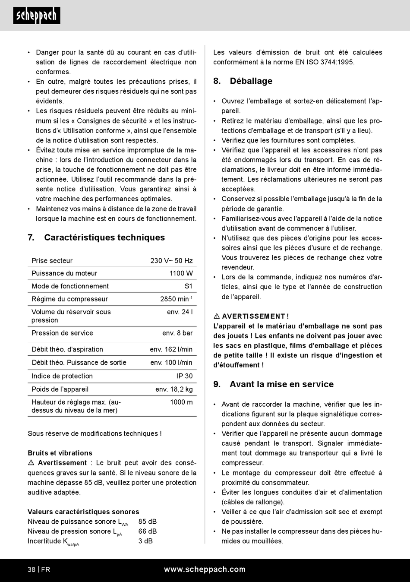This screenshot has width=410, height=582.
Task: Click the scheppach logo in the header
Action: [x=37, y=16]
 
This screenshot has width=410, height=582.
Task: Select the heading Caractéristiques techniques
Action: [x=104, y=237]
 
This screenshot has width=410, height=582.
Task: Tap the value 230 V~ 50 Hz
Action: [x=171, y=261]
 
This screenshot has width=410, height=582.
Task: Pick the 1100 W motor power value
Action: [x=181, y=273]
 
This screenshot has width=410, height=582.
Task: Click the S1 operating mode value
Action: [x=188, y=286]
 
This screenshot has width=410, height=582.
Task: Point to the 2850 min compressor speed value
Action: [x=176, y=299]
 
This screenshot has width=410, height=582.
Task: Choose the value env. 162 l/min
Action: [x=171, y=349]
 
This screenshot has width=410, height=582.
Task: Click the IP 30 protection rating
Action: [x=184, y=376]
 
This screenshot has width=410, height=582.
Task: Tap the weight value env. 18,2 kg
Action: [x=174, y=389]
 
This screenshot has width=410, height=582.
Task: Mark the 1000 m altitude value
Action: [x=181, y=402]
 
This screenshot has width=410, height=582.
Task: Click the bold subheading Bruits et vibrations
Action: [x=60, y=453]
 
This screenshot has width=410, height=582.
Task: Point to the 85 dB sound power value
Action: [x=148, y=522]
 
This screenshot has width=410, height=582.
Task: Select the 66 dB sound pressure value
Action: [x=148, y=531]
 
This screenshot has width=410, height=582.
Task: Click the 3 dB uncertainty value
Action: [x=145, y=541]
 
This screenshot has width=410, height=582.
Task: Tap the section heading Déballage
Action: [x=251, y=81]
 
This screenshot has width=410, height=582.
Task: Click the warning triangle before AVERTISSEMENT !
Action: [x=217, y=316]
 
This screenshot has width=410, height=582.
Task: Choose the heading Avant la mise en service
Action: [x=281, y=384]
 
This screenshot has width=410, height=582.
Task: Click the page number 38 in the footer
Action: [x=32, y=569]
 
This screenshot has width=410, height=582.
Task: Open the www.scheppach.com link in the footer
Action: [x=205, y=569]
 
